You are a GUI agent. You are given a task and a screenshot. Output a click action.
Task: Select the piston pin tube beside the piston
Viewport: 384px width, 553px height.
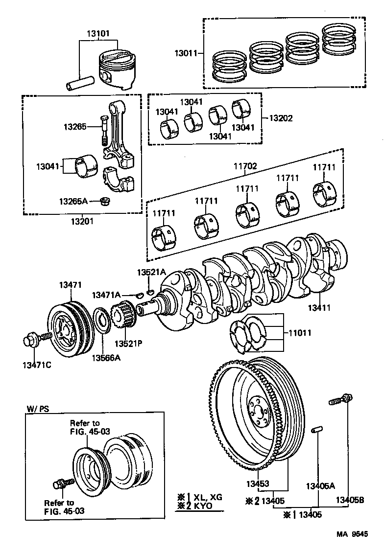pyautogui.click(x=80, y=82)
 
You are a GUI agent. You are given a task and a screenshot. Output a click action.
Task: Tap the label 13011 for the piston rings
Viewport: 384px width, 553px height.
pyautogui.click(x=185, y=52)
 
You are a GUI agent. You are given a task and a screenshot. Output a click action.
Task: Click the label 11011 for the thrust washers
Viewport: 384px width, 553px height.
pyautogui.click(x=300, y=333)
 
